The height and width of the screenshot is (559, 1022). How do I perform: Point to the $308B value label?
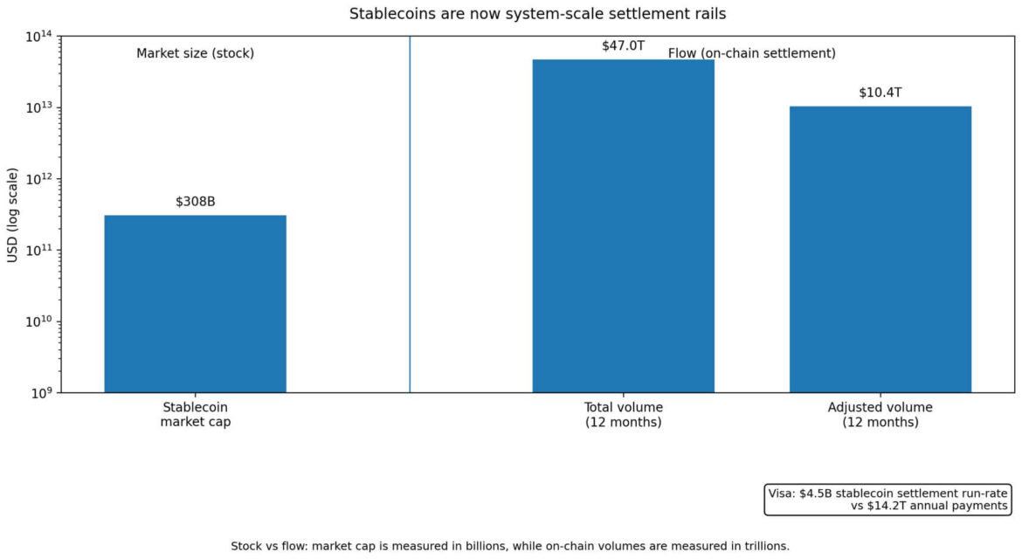click(x=195, y=202)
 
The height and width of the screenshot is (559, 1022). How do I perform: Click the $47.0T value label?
click(x=623, y=45)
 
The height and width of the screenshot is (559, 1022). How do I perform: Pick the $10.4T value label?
click(x=880, y=93)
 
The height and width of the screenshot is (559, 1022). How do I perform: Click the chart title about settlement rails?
click(x=511, y=13)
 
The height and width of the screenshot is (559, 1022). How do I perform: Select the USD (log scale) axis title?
click(x=12, y=214)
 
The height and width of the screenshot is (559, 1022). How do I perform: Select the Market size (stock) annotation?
click(x=195, y=53)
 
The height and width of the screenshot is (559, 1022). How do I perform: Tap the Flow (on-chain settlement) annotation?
click(x=751, y=53)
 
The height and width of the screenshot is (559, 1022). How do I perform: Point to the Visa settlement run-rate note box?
click(x=888, y=499)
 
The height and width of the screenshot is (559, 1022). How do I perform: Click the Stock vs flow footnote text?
click(x=510, y=546)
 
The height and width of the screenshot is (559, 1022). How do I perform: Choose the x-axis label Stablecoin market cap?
click(x=195, y=415)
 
